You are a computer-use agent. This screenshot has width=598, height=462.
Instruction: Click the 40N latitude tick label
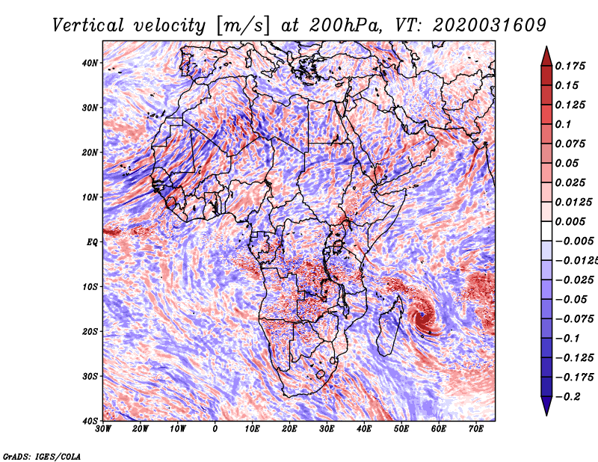[x=90, y=63]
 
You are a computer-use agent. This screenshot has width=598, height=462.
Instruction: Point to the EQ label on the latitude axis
[x=92, y=242]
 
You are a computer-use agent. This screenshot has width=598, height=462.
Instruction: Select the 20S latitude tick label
[x=90, y=331]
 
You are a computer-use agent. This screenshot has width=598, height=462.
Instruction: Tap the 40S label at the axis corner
[x=90, y=421]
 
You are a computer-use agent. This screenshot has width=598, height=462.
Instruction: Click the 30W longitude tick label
[x=103, y=429]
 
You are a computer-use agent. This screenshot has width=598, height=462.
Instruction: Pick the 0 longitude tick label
[x=215, y=429]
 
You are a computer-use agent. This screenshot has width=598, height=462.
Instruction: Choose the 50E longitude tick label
[x=401, y=429]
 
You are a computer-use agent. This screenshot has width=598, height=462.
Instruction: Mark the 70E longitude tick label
[x=475, y=429]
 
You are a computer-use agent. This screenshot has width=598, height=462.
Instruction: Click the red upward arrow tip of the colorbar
[x=546, y=47]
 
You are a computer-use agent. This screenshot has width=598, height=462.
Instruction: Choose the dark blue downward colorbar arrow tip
[x=546, y=415]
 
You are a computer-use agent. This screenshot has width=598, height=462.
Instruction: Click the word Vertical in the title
[x=87, y=25]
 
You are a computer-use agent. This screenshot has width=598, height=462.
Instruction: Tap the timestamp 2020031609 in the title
[x=490, y=25]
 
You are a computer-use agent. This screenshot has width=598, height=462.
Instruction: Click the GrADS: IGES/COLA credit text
[x=42, y=456]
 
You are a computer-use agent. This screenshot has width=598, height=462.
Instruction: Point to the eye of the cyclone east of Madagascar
[x=422, y=315]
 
